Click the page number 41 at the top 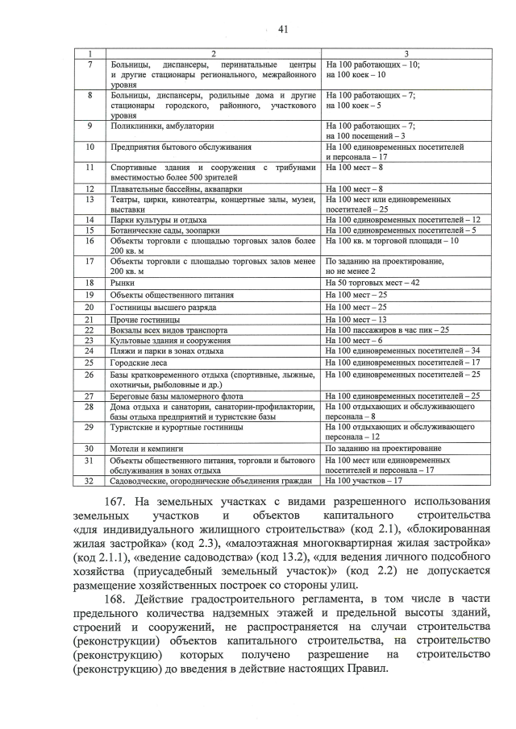click(283, 30)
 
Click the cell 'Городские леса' click(139, 362)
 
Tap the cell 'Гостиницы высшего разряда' click(164, 307)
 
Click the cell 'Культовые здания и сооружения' click(170, 341)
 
